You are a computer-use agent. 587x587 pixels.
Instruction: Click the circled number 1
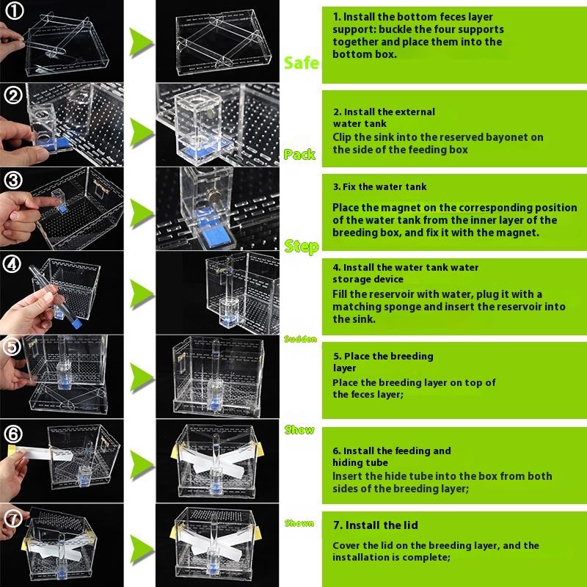pyautogui.click(x=15, y=11)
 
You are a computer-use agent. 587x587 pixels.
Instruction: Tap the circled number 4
pyautogui.click(x=12, y=264)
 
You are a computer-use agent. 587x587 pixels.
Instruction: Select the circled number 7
pyautogui.click(x=12, y=519)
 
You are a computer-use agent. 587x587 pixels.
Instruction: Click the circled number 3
pyautogui.click(x=13, y=181)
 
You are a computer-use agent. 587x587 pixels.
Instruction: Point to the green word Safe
pyautogui.click(x=301, y=63)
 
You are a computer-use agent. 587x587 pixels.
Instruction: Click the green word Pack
pyautogui.click(x=299, y=154)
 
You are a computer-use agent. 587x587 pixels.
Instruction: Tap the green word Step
pyautogui.click(x=302, y=247)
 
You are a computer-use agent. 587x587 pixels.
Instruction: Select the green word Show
pyautogui.click(x=299, y=430)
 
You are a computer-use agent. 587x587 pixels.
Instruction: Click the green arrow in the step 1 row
pyautogui.click(x=141, y=43)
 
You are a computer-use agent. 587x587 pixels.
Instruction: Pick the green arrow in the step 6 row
pyautogui.click(x=142, y=464)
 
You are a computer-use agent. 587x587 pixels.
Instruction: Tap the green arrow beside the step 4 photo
pyautogui.click(x=142, y=294)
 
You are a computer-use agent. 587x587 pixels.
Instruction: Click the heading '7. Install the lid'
pyautogui.click(x=376, y=525)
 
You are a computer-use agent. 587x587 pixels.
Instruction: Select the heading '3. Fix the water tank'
pyautogui.click(x=379, y=187)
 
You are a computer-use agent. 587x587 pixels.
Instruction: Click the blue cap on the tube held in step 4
pyautogui.click(x=76, y=324)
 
